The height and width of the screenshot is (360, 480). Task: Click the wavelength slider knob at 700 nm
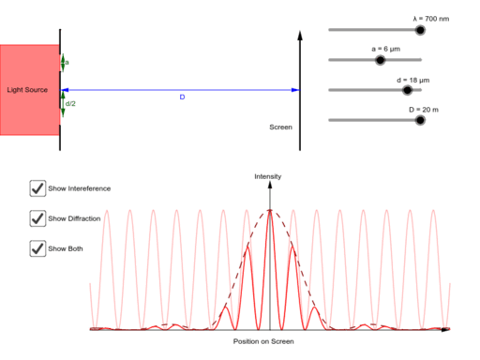click(420, 30)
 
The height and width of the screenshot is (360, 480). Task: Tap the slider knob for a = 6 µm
click(380, 60)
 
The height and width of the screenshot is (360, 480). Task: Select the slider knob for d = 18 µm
click(407, 90)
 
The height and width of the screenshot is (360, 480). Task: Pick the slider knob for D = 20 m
click(420, 120)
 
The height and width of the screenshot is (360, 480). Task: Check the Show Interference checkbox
click(38, 188)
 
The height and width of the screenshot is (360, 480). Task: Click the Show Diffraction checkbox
click(38, 218)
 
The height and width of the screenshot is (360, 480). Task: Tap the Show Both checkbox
click(38, 248)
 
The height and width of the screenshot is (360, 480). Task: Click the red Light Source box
click(29, 90)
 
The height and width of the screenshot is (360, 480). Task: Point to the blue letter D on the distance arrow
click(182, 97)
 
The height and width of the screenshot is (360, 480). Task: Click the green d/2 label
click(70, 103)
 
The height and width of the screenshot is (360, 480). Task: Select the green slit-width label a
click(67, 63)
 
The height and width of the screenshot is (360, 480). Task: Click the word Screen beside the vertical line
click(280, 127)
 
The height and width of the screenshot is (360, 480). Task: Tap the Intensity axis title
click(268, 176)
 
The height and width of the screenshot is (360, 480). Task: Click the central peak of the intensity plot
click(270, 210)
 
